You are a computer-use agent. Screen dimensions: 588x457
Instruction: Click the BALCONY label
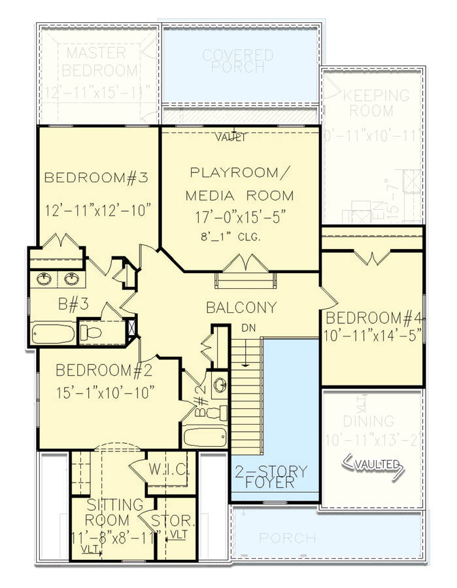tap(241, 307)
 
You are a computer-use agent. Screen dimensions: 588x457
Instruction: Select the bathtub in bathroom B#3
tap(53, 333)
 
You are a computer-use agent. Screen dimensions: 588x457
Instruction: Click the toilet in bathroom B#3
tap(93, 333)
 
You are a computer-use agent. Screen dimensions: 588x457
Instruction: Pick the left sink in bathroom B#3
tap(45, 280)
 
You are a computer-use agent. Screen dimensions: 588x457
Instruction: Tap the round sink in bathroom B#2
tap(218, 384)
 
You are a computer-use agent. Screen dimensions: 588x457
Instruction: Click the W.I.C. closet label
tap(169, 470)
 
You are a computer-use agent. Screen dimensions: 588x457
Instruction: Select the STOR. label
tap(173, 521)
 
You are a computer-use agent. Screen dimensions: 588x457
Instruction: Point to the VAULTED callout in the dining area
tap(377, 464)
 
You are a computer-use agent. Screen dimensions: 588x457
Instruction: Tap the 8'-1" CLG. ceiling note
tap(231, 237)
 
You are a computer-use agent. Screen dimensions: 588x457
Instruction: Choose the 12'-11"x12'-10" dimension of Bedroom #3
tap(99, 210)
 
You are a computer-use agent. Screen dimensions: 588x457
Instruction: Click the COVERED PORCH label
tap(237, 61)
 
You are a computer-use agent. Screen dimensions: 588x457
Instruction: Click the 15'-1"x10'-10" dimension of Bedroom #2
tap(105, 392)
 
